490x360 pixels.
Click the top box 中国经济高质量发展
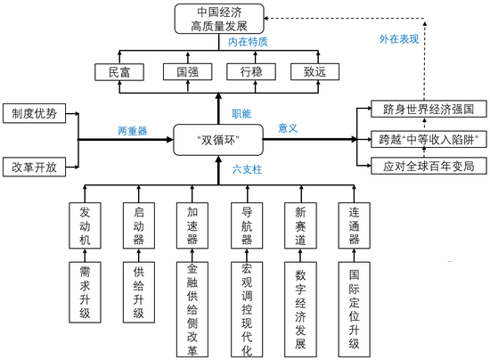click(218, 19)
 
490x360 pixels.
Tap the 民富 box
click(118, 72)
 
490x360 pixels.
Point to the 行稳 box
click(249, 72)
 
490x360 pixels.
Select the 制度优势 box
click(34, 114)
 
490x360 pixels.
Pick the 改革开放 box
click(34, 167)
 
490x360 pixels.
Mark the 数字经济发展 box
click(299, 298)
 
